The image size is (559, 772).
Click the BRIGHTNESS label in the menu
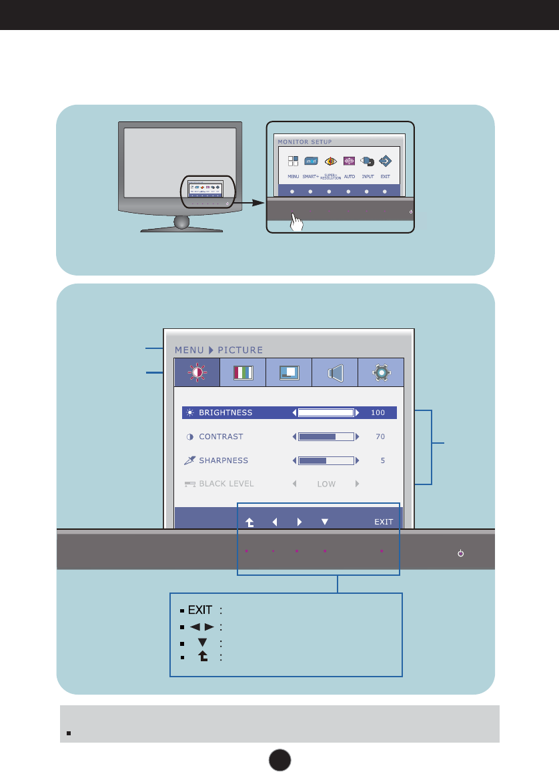[225, 413]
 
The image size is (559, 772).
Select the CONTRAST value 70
[380, 437]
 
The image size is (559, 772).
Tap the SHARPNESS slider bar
[326, 460]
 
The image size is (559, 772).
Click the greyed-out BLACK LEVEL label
[226, 484]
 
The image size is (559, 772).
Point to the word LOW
[326, 484]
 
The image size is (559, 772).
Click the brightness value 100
[378, 413]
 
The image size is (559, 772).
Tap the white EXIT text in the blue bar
[384, 522]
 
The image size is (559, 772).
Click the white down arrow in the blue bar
[325, 522]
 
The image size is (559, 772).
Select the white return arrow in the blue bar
[249, 523]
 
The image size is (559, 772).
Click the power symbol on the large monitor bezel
[460, 553]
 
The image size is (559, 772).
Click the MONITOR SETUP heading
[305, 141]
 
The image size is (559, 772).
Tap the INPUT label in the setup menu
[368, 177]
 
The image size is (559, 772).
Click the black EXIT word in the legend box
[200, 610]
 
